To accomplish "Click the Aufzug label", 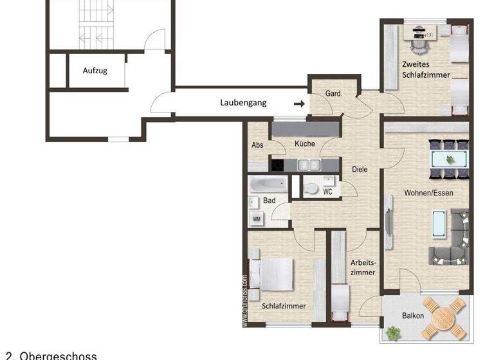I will coord(95,71).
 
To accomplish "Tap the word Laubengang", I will coord(243,102).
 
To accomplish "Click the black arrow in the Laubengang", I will coord(299,103).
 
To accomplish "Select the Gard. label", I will coord(333,94).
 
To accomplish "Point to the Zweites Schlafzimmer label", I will coord(424,69).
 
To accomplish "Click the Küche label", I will coord(304,144).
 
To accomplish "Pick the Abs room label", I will coord(257,145).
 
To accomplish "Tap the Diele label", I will coord(360,169).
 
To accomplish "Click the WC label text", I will coord(327,192).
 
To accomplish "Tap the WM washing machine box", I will coord(257,219).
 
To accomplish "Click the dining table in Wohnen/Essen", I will coord(449,159).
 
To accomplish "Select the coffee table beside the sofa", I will coord(438,223).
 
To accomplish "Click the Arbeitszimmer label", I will coord(363,267).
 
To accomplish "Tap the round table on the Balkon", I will coord(444,317).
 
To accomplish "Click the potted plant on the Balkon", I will coord(392,332).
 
